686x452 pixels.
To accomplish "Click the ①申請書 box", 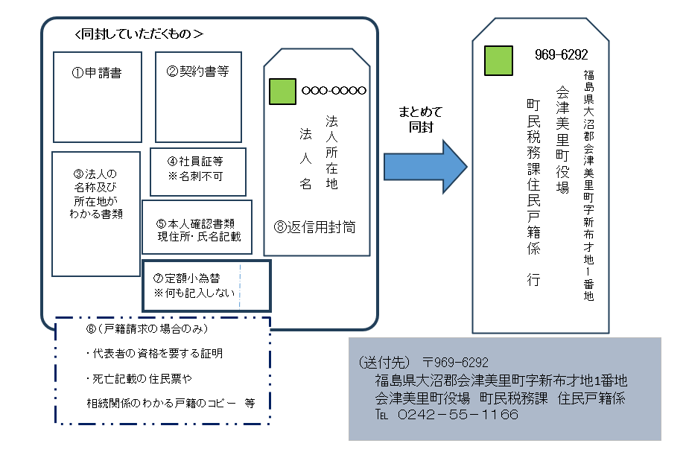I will click(97, 96).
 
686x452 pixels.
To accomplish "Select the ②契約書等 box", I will click(198, 96).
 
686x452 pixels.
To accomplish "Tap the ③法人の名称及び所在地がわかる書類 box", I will click(95, 214).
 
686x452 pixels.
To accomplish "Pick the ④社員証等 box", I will click(196, 171).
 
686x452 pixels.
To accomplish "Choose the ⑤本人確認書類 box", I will click(197, 226).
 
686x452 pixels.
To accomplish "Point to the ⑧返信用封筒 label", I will click(314, 227).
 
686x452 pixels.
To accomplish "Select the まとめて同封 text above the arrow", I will click(420, 119).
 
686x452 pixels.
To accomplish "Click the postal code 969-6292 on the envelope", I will click(561, 55).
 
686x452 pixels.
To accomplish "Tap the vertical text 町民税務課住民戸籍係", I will click(533, 179).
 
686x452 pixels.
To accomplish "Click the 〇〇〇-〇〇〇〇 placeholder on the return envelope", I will click(334, 91).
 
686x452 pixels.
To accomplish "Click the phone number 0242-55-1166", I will click(457, 415).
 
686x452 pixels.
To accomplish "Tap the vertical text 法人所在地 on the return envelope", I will click(331, 152).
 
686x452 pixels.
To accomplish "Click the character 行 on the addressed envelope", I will click(533, 280).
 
